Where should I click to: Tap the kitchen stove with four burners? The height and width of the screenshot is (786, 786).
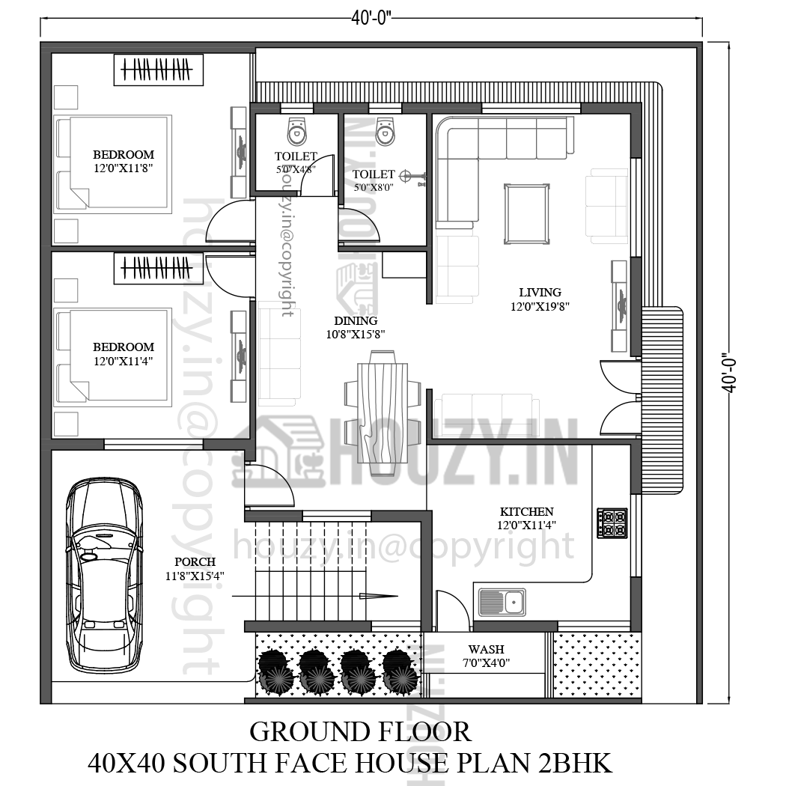click(612, 523)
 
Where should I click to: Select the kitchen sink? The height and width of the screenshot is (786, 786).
click(502, 601)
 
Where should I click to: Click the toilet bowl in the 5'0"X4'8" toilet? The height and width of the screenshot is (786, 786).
click(297, 132)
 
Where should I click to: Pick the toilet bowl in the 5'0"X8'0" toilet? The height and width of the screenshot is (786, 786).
click(385, 132)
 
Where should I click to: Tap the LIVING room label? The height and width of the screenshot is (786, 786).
click(540, 292)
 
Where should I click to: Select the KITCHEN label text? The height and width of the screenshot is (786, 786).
click(527, 511)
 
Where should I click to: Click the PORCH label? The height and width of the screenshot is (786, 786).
click(195, 561)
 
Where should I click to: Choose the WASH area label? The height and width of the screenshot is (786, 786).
click(486, 649)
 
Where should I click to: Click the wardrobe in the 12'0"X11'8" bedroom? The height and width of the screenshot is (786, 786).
click(158, 70)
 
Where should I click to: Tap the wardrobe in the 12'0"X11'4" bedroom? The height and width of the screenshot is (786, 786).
click(158, 268)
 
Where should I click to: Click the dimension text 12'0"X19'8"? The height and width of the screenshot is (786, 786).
click(540, 305)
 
